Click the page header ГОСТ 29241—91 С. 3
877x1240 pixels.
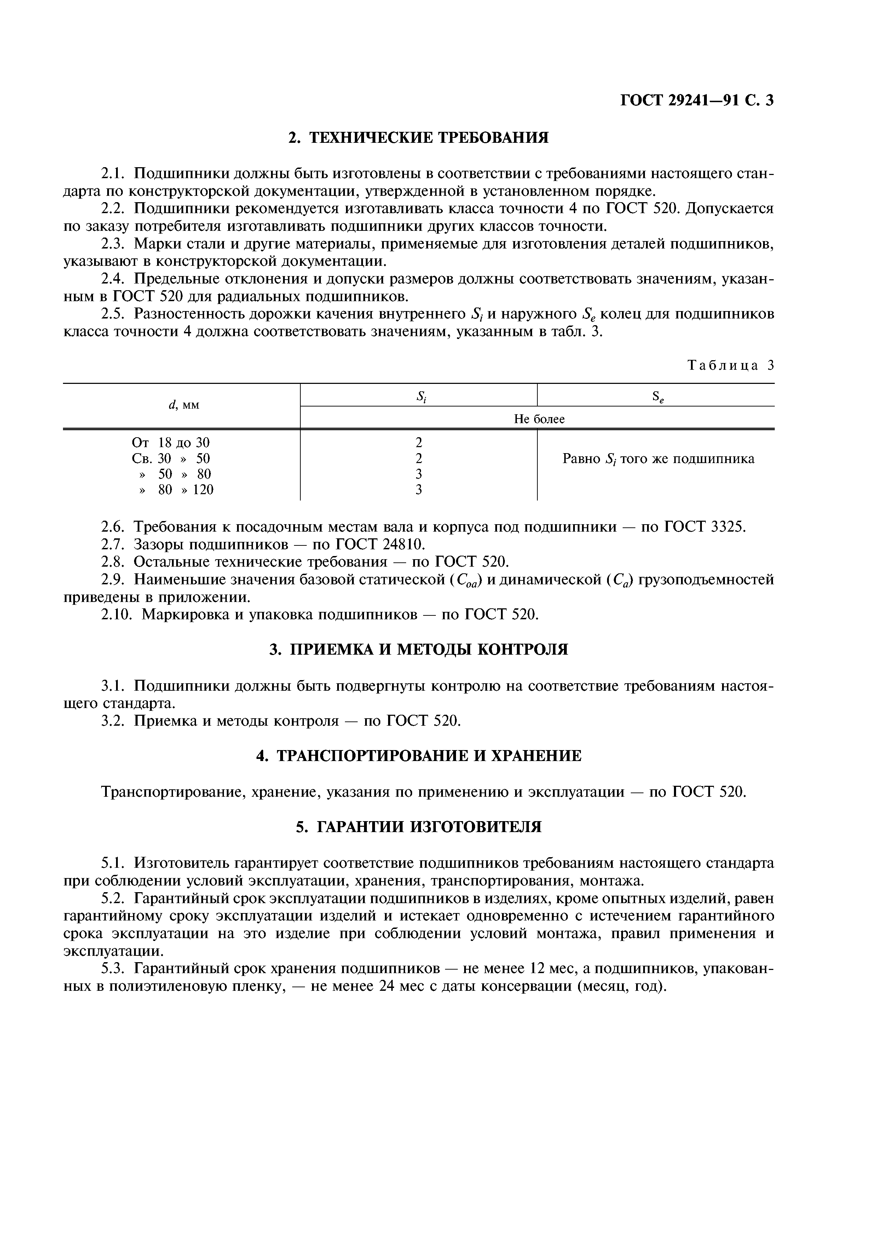(x=697, y=100)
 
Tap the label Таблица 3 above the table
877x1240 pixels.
(x=731, y=365)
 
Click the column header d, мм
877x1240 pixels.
(x=184, y=405)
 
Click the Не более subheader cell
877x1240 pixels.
(x=539, y=419)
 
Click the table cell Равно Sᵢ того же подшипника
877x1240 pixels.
(x=658, y=459)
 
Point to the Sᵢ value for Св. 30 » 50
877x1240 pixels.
(x=419, y=458)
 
